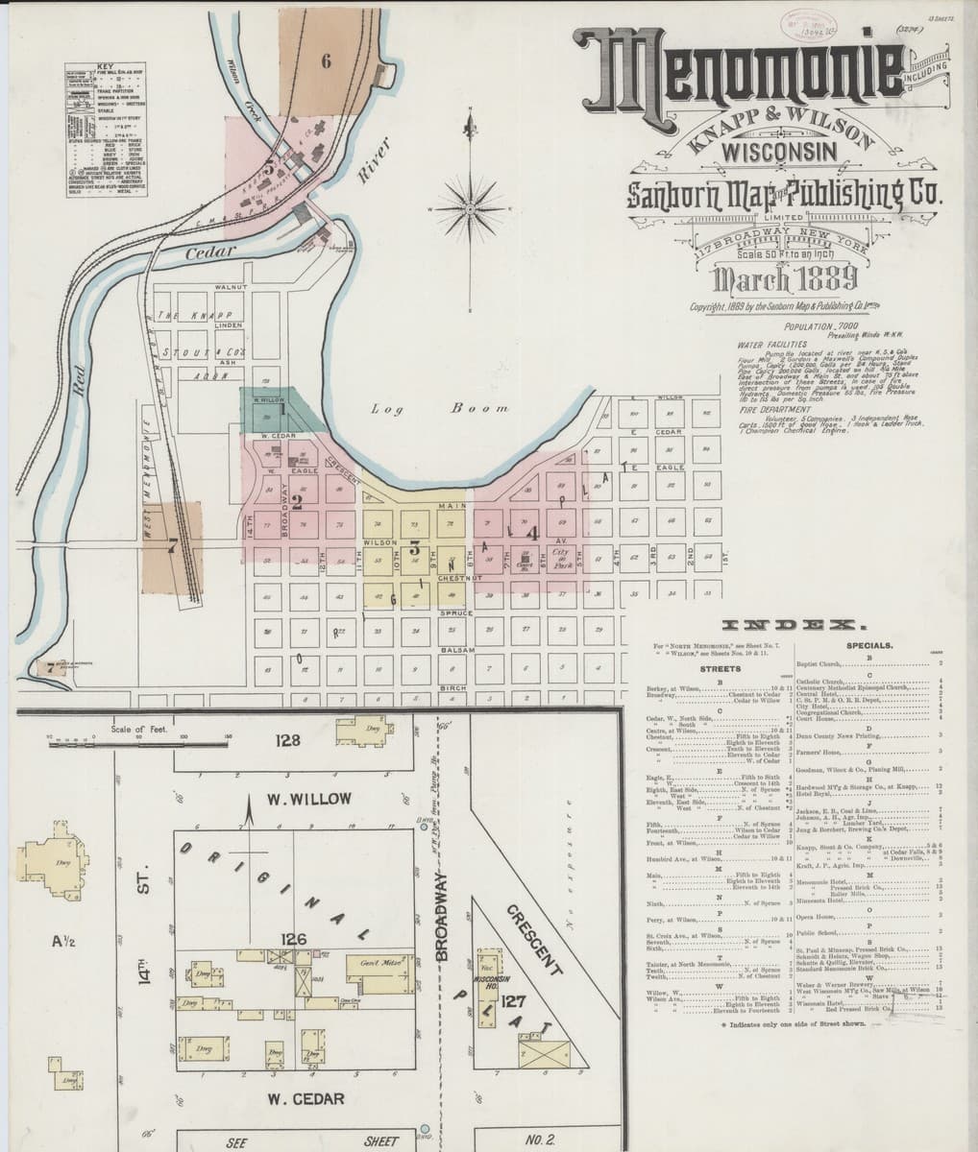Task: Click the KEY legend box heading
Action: (x=105, y=66)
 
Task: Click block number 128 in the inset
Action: (x=288, y=740)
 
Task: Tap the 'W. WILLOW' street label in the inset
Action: (x=309, y=799)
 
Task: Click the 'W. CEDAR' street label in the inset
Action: (x=306, y=1097)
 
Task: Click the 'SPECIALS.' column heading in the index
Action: (x=871, y=647)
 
